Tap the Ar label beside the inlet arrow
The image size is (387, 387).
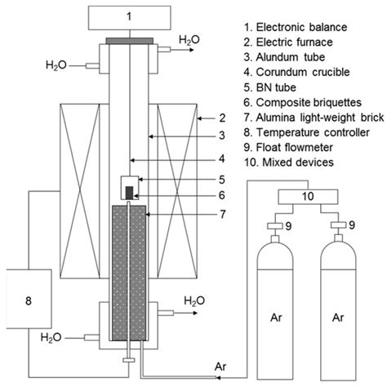221,364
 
